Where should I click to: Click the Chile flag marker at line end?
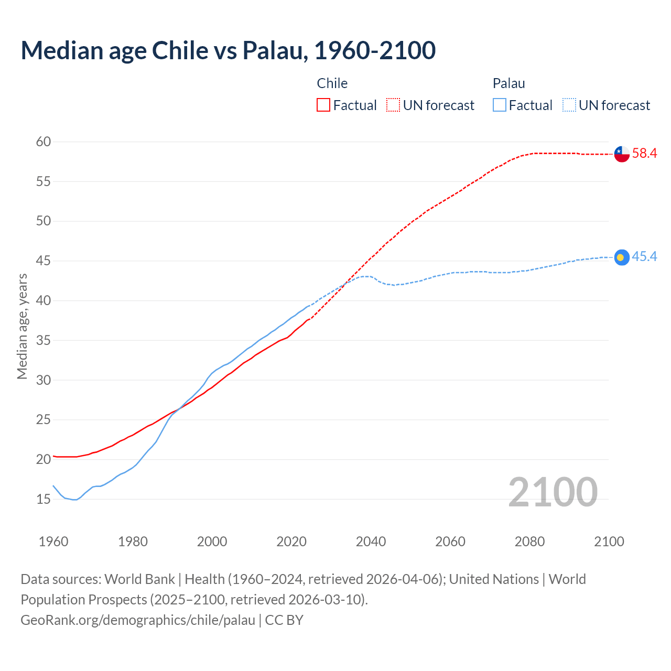pos(622,154)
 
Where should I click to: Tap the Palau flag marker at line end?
pos(622,257)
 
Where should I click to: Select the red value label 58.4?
pos(644,154)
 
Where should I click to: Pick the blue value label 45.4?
pos(644,256)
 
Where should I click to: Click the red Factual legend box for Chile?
pos(323,105)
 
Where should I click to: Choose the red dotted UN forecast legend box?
pos(393,105)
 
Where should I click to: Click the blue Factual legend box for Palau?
pos(500,105)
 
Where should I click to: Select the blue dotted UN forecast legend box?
pos(569,105)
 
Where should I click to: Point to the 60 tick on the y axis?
pos(44,142)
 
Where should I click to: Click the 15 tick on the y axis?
pos(44,499)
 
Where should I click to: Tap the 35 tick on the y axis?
pos(44,340)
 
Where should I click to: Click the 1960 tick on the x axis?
pos(53,542)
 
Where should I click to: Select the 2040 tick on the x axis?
pos(371,542)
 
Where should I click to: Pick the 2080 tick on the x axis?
pos(529,542)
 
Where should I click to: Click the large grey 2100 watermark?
pos(553,492)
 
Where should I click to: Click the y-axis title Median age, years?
pos(22,326)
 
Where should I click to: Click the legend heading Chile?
pos(332,83)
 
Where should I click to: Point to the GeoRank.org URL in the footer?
pos(138,620)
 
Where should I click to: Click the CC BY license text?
pos(284,620)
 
